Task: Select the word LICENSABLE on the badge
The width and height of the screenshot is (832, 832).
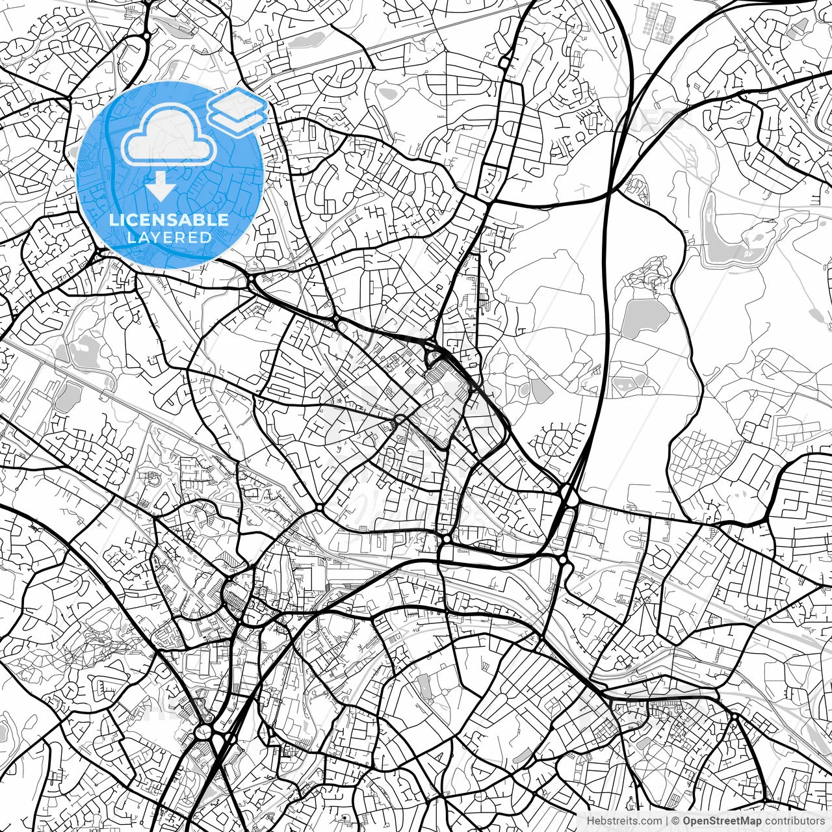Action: tap(169, 220)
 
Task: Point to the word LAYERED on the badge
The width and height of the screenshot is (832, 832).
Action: tap(169, 237)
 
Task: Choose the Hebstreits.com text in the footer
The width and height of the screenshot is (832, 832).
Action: tap(624, 821)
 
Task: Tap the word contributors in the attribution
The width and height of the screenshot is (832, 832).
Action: tap(799, 821)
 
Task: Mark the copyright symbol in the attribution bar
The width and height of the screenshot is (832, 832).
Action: tap(675, 821)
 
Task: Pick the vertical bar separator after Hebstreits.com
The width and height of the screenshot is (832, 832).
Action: tap(668, 821)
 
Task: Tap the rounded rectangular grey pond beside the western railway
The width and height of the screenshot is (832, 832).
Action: tap(69, 396)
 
